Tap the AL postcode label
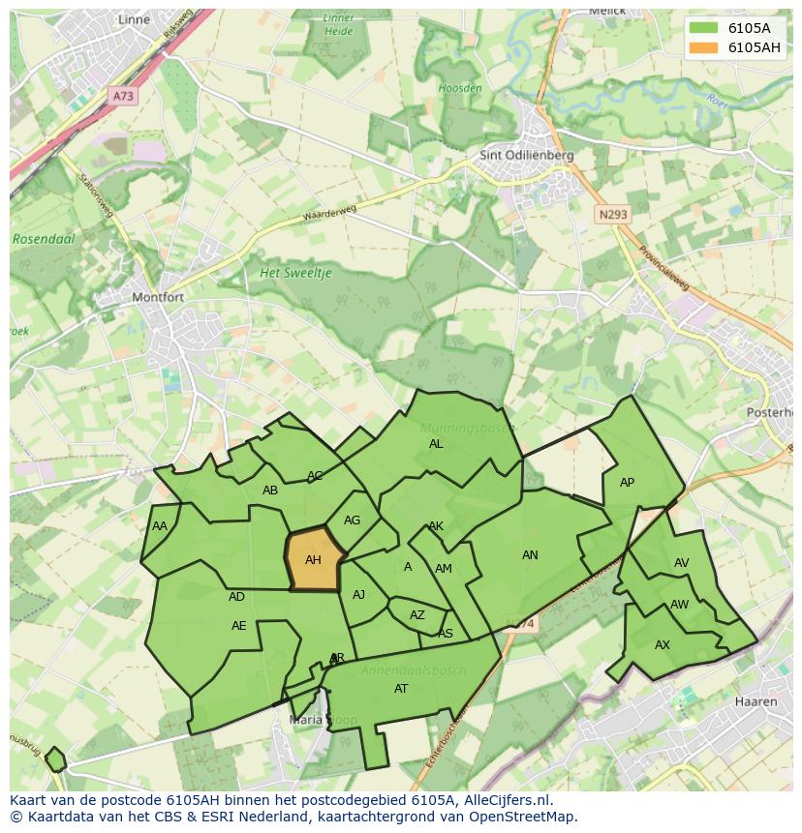point(436,444)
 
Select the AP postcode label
point(627,483)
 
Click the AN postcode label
point(530,555)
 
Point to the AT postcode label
point(401,689)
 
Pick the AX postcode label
point(663,645)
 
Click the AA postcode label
point(160,526)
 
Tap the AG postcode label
point(352,521)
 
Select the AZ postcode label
point(417,615)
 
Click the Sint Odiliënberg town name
point(527,155)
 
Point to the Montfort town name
point(157,298)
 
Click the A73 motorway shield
point(123,96)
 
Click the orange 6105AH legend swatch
point(704,47)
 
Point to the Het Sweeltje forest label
point(295,274)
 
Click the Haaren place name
point(756,701)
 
